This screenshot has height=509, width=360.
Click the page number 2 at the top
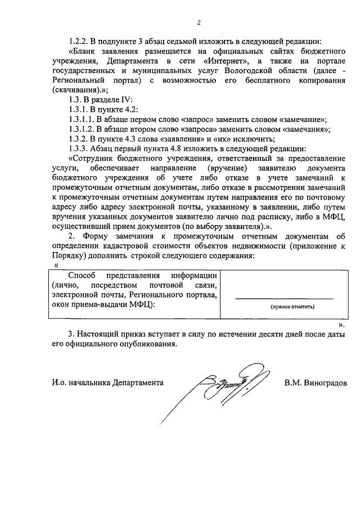point(199,23)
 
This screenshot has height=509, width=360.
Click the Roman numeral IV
point(125,99)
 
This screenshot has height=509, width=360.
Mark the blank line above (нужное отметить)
point(284,299)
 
